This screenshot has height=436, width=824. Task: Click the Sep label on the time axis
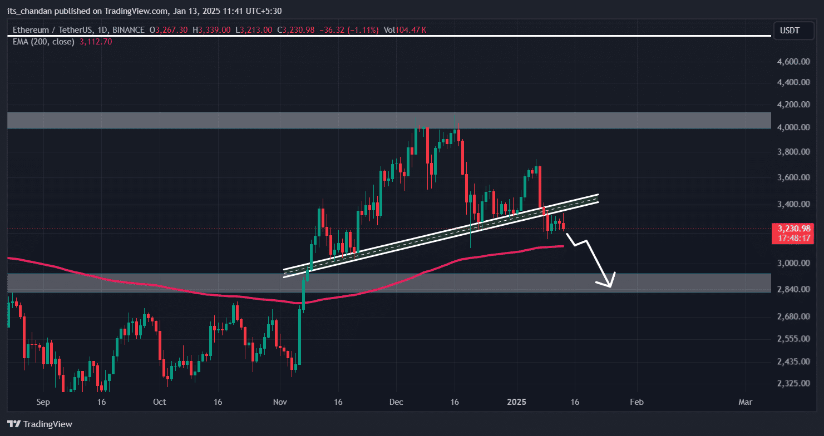coord(43,402)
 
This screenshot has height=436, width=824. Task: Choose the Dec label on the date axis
coord(396,402)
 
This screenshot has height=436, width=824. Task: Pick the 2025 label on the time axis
coord(517,402)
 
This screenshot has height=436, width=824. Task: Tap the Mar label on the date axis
coord(744,402)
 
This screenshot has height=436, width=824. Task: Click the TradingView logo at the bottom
coord(40,424)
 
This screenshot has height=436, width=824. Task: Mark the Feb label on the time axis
coord(636,402)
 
